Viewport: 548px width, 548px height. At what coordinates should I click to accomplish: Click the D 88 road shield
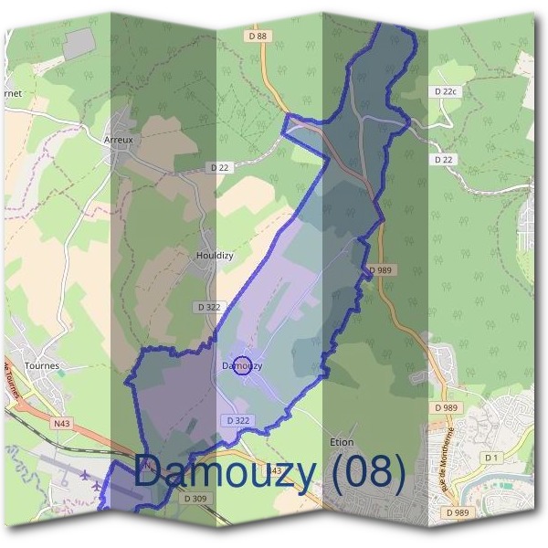pos(258,36)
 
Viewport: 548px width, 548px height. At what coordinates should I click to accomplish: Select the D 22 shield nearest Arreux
pos(219,167)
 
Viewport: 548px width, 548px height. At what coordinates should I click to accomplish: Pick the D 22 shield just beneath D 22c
pos(444,159)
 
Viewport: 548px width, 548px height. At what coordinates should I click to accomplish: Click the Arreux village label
pos(119,140)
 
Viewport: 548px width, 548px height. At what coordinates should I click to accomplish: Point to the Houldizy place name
pos(215,256)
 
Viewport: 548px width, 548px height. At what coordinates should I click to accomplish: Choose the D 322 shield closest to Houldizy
pos(208,308)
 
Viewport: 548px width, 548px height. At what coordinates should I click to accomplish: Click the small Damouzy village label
pos(242,366)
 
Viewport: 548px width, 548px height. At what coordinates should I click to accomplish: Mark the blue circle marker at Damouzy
pos(242,366)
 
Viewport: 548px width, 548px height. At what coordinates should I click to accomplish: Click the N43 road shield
pos(61,424)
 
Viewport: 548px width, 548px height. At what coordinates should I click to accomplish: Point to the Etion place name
pos(341,442)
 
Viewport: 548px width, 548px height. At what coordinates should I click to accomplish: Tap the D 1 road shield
pos(492,457)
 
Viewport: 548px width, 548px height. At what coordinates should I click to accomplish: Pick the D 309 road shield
pos(195,499)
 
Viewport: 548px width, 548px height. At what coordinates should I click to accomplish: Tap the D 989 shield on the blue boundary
pos(381,271)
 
